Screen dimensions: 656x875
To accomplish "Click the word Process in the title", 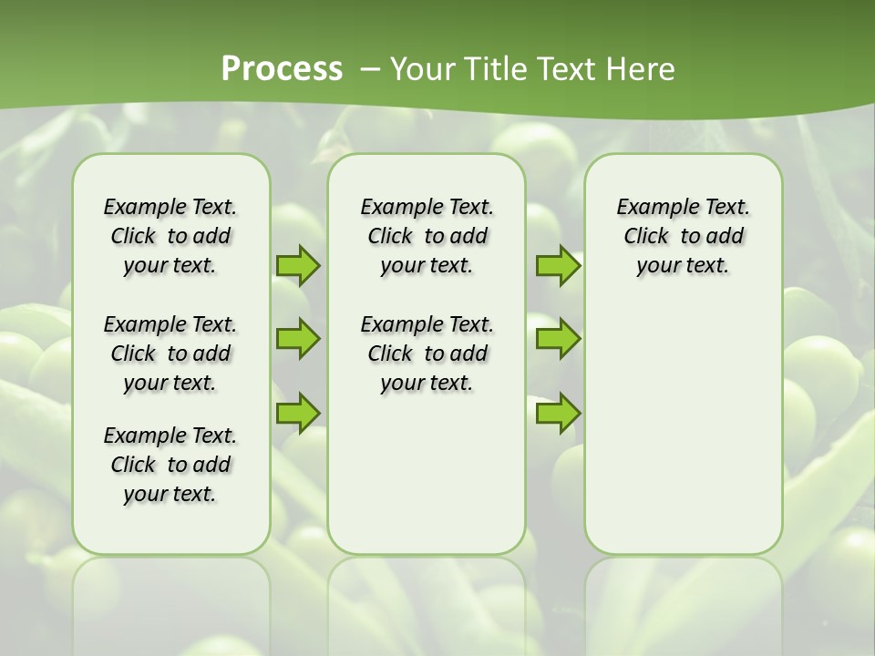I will pyautogui.click(x=282, y=68).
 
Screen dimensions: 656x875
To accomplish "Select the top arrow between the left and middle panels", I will pyautogui.click(x=298, y=265).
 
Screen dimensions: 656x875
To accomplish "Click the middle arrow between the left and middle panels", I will pyautogui.click(x=298, y=339).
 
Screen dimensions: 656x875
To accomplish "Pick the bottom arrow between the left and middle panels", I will pyautogui.click(x=298, y=413).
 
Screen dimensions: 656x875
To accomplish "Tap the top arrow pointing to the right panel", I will pyautogui.click(x=558, y=265).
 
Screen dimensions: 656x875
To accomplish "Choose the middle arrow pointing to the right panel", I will pyautogui.click(x=558, y=339).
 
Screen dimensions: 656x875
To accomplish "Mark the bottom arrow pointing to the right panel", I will pyautogui.click(x=558, y=413).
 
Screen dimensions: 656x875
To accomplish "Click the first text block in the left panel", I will pyautogui.click(x=170, y=236).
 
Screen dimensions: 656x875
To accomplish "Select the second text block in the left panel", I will pyautogui.click(x=170, y=354).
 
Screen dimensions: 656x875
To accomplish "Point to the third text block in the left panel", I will pyautogui.click(x=170, y=465).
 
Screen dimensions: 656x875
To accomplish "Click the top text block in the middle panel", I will pyautogui.click(x=427, y=236).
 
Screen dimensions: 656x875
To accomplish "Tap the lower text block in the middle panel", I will pyautogui.click(x=427, y=354).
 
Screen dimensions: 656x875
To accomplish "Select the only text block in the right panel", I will pyautogui.click(x=683, y=236).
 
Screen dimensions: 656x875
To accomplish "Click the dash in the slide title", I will pyautogui.click(x=369, y=68).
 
